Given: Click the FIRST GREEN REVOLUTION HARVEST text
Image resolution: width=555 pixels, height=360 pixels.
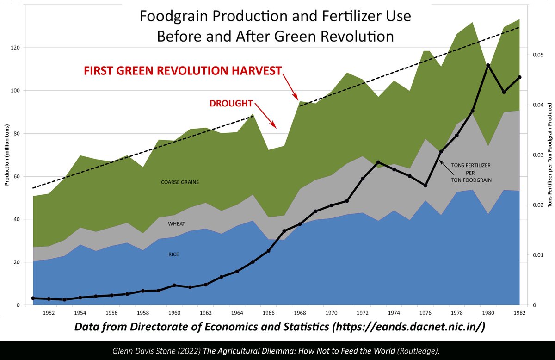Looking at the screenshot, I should click(182, 71).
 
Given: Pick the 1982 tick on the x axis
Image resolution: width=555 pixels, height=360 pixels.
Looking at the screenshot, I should click(519, 313).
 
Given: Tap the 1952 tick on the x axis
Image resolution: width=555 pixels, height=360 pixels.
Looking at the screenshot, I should click(49, 313).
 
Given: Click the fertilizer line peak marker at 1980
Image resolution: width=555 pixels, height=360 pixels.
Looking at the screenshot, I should click(488, 65).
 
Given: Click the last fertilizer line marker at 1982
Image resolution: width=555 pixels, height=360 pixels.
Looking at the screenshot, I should click(519, 77).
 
